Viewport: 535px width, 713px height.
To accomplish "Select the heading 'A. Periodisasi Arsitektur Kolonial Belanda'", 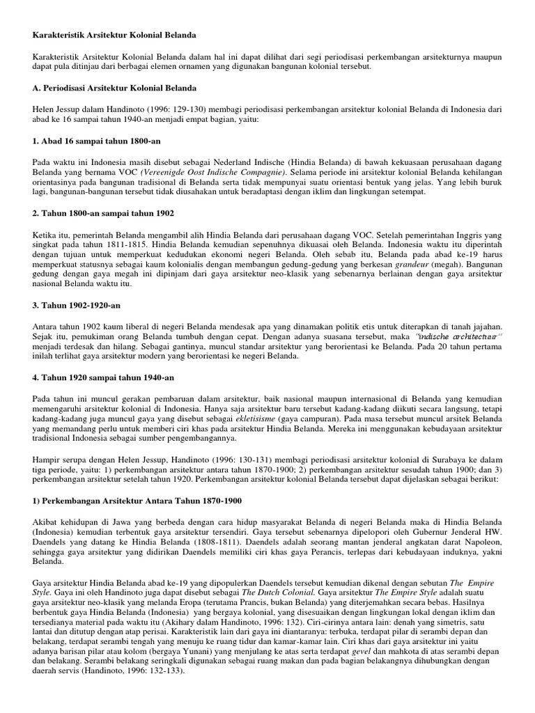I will pos(114,88).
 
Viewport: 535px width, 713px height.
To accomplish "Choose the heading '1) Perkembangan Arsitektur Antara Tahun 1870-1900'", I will pos(135,502).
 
